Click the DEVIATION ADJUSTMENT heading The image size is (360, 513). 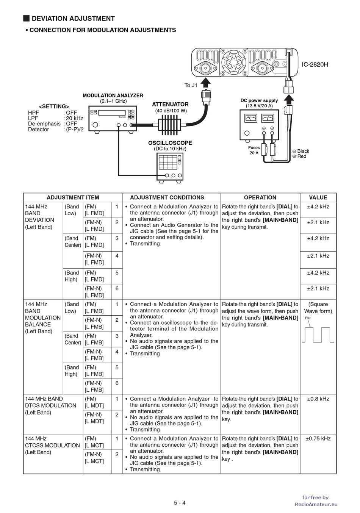73,19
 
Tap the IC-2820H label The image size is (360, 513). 315,64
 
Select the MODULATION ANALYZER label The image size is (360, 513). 113,95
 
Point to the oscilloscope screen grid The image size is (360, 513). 168,162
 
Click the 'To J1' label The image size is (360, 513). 191,85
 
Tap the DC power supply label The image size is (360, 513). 259,100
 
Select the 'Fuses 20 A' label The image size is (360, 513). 254,150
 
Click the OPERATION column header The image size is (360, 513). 260,197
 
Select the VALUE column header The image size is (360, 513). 318,197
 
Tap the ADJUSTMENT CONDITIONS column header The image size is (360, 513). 167,197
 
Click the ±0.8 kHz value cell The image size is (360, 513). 318,399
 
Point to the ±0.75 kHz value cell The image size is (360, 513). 318,439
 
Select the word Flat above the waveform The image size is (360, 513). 308,318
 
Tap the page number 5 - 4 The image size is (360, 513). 180,503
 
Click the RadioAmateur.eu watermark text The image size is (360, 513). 316,504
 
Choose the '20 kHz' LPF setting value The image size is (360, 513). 74,118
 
